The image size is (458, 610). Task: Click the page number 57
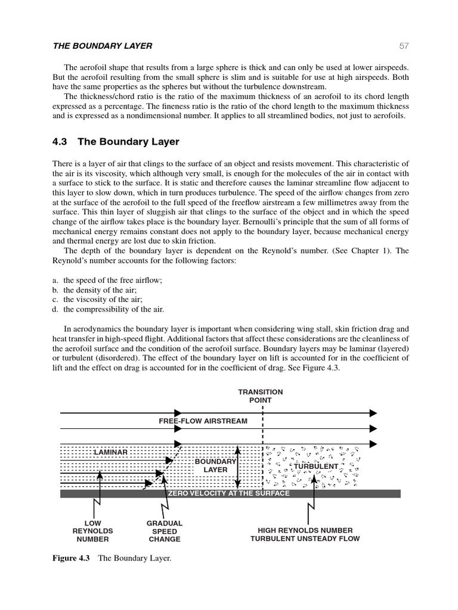pyautogui.click(x=404, y=46)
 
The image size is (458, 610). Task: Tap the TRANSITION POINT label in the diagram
pyautogui.click(x=261, y=396)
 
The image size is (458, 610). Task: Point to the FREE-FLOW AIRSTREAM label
pyautogui.click(x=203, y=421)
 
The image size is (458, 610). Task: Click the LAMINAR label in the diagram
pyautogui.click(x=110, y=452)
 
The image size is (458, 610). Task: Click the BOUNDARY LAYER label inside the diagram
pyautogui.click(x=215, y=466)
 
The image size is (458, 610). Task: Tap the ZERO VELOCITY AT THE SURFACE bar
pyautogui.click(x=229, y=493)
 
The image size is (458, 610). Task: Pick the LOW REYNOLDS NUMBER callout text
pyautogui.click(x=92, y=531)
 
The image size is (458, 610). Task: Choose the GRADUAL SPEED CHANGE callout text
pyautogui.click(x=165, y=531)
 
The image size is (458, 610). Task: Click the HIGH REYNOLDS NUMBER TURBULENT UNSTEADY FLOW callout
pyautogui.click(x=305, y=534)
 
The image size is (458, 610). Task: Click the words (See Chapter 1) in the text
pyautogui.click(x=345, y=251)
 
